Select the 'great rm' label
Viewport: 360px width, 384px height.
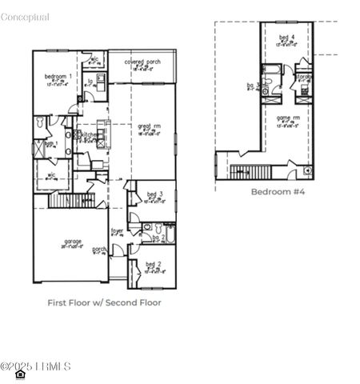coord(145,126)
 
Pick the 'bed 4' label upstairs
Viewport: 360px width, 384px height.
coord(286,38)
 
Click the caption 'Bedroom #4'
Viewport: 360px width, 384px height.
coord(278,192)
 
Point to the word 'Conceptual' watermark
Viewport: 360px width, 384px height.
coord(25,17)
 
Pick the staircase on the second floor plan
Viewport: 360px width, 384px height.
coord(250,170)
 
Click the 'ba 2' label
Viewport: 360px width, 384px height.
coord(158,238)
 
